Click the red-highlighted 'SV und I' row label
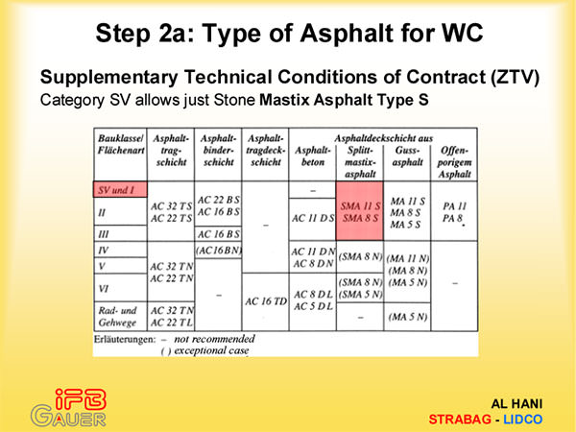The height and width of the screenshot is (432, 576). [120, 189]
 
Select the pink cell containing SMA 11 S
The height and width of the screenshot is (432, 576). [360, 211]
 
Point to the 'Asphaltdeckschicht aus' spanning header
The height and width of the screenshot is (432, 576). [383, 138]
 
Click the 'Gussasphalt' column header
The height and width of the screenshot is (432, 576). [407, 156]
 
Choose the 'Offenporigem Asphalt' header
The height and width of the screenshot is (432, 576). [454, 162]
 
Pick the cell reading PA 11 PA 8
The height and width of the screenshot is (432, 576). [454, 212]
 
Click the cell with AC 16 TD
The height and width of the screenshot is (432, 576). [266, 301]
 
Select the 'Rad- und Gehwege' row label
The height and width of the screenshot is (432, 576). [117, 316]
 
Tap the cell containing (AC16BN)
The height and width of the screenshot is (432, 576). [218, 251]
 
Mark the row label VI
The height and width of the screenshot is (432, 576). [104, 288]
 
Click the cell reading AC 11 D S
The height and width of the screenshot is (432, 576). [313, 218]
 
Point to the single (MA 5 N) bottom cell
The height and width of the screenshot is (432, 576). [408, 316]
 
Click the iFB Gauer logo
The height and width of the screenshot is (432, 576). [69, 408]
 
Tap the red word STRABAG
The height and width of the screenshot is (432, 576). [460, 420]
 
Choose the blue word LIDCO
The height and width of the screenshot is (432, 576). [523, 420]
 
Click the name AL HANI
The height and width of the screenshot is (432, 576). [516, 404]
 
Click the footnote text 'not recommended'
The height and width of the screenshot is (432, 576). [214, 339]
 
